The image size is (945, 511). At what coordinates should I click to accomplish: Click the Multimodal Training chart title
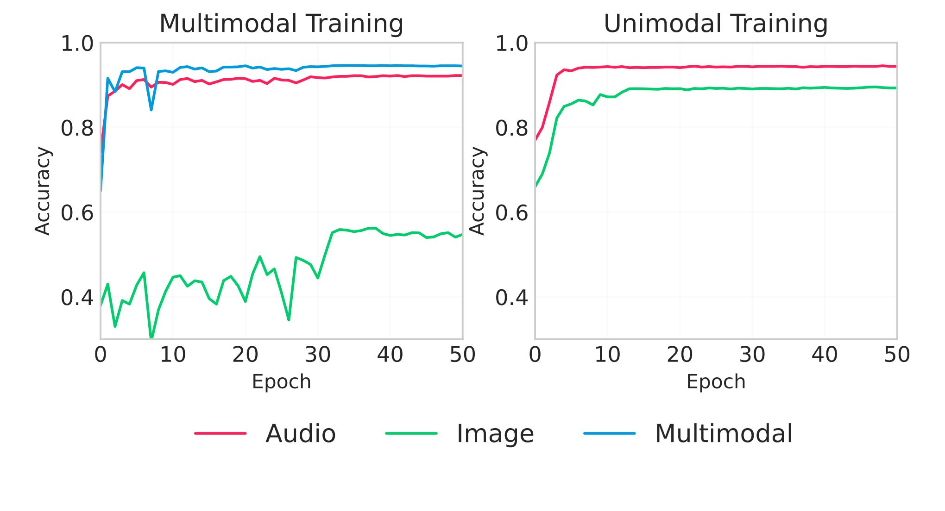point(281,24)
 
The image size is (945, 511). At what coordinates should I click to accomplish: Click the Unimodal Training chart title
point(716,24)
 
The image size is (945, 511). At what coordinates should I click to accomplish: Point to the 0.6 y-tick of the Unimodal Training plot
point(511,213)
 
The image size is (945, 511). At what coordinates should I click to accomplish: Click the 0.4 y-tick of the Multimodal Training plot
point(77,298)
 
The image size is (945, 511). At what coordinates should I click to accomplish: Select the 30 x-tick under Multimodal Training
point(318,355)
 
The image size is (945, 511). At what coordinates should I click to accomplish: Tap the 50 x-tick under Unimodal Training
point(897,355)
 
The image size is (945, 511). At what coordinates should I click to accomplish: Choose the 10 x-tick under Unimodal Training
point(607,355)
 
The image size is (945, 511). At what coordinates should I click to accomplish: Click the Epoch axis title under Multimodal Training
point(281,382)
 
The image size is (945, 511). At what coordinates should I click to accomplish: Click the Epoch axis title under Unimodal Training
point(716,382)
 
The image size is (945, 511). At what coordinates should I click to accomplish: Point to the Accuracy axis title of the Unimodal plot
point(477,191)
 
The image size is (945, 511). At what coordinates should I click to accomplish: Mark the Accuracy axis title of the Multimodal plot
point(43,191)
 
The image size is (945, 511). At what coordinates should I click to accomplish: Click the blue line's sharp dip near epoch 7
point(151,110)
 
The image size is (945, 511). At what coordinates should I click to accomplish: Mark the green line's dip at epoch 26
point(289,320)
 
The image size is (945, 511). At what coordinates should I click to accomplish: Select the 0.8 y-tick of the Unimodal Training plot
point(511,128)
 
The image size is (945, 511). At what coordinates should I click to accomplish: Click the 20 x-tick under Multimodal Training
point(245,355)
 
